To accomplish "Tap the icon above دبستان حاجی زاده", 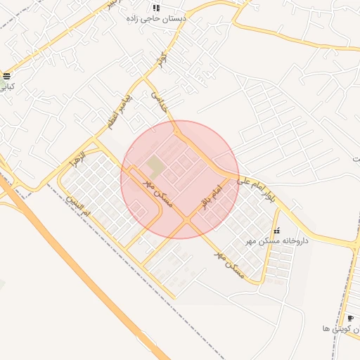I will pos(156,8).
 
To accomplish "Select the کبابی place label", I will pos(6,87).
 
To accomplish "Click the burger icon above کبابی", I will pos(6,76).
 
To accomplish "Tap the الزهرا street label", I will pos(77,157).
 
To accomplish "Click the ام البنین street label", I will pos(79,203).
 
